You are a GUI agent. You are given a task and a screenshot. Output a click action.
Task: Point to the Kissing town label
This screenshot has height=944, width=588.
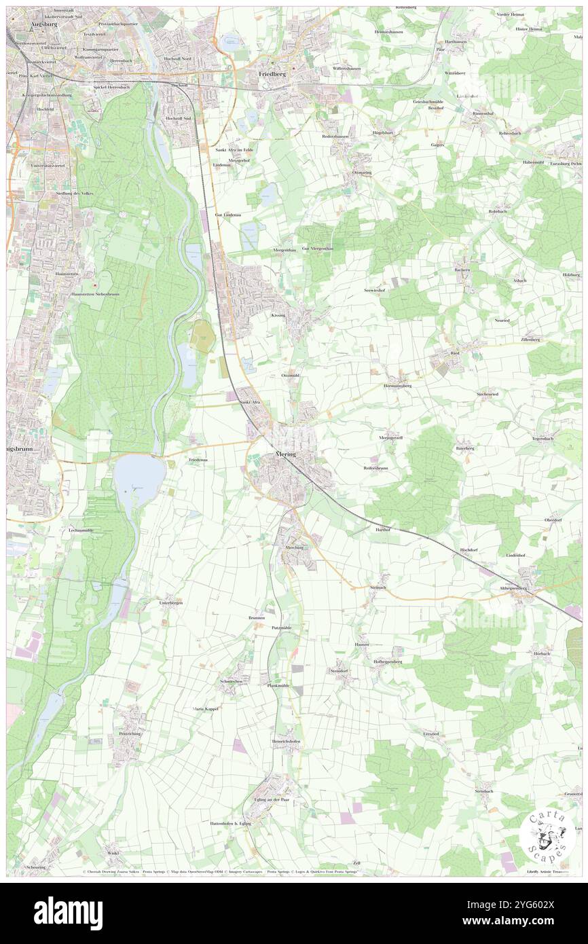click(278, 316)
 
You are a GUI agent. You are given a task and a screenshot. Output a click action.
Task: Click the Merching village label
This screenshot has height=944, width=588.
click(294, 547)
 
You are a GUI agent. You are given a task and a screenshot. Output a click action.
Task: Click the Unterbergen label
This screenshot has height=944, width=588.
click(171, 602)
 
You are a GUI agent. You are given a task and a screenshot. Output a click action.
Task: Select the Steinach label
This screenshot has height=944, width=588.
click(378, 587)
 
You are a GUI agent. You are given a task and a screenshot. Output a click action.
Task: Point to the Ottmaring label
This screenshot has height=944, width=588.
click(362, 173)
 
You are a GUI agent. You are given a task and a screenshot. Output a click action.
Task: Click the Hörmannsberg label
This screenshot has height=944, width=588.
click(397, 385)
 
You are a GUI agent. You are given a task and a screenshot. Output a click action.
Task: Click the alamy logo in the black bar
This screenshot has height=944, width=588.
click(68, 913)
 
